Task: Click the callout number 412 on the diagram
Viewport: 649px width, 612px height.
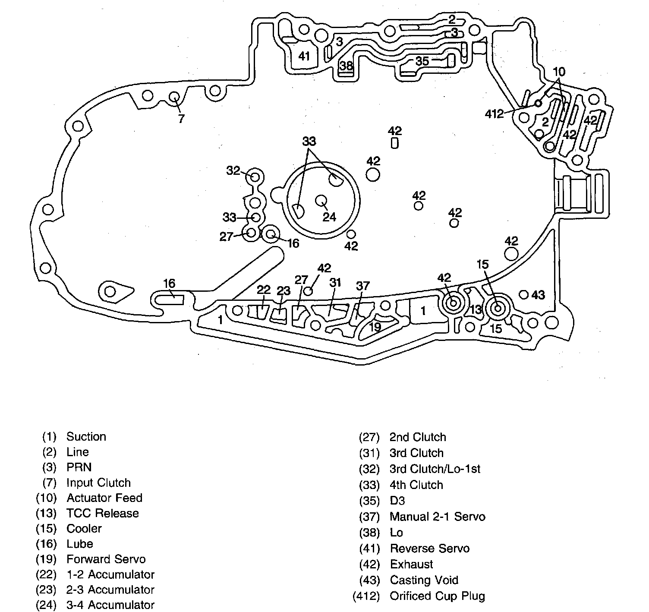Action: (494, 114)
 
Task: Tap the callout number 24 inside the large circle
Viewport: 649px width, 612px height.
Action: (329, 216)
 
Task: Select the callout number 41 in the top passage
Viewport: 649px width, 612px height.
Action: (304, 56)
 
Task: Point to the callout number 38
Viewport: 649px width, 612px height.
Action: (346, 66)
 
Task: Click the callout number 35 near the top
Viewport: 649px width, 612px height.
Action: (422, 61)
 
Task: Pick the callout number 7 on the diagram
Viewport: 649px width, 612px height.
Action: (181, 118)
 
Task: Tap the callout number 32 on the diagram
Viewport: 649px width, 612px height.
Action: (233, 170)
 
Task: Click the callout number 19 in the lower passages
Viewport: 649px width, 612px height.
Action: (375, 327)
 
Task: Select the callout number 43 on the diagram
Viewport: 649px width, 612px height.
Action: (538, 295)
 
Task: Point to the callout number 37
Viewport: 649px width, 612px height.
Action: (363, 285)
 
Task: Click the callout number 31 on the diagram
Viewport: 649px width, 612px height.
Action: (335, 283)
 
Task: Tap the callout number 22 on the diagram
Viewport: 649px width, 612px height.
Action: (263, 290)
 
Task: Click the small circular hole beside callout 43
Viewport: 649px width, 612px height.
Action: (524, 294)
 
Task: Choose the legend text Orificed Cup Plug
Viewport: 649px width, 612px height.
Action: (437, 596)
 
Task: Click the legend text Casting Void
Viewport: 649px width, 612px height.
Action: (424, 580)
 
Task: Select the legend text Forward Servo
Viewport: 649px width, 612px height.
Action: (106, 559)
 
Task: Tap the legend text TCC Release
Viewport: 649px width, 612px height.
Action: (103, 513)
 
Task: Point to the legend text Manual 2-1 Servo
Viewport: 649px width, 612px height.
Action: (437, 517)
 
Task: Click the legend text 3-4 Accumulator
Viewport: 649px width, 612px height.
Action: (110, 605)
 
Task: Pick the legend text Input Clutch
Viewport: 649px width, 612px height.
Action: (98, 483)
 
